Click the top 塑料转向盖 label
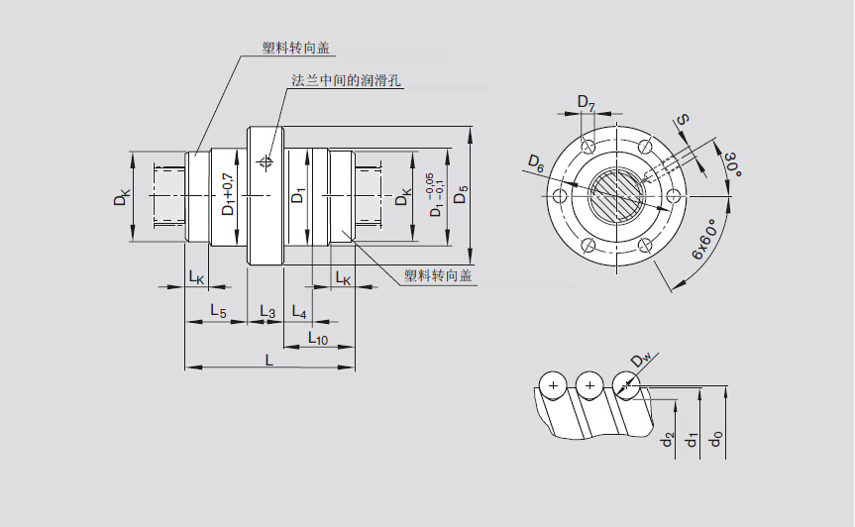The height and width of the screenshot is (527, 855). click(x=295, y=48)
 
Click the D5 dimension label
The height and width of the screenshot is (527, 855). click(x=460, y=194)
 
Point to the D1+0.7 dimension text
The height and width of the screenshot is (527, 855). click(x=227, y=195)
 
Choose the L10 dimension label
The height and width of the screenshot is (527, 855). click(x=318, y=338)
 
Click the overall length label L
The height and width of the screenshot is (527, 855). click(x=268, y=360)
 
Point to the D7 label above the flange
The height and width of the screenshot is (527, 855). click(x=586, y=104)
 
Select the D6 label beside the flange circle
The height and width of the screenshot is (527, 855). click(x=535, y=162)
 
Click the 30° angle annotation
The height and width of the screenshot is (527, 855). click(x=732, y=164)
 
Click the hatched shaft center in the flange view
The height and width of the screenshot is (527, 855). click(x=615, y=194)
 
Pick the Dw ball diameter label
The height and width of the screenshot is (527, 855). click(x=641, y=359)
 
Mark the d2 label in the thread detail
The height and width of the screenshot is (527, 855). click(x=669, y=437)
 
